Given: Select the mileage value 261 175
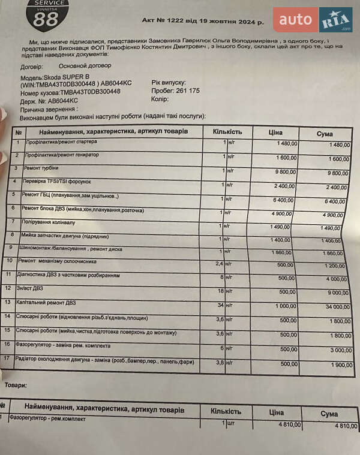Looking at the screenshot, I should (186, 91).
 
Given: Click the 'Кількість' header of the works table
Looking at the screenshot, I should (227, 131).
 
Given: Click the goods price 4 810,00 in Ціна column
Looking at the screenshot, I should (289, 424).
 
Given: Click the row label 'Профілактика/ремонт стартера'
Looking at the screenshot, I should (59, 142).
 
